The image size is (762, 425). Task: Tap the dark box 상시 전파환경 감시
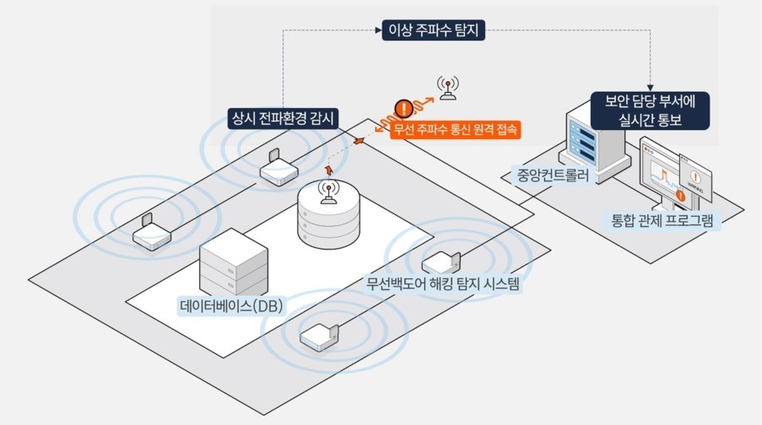(x=284, y=117)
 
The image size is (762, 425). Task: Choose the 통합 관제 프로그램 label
(x=662, y=223)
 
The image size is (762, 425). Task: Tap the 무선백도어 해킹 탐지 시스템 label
(x=443, y=284)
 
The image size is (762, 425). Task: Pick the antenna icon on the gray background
(x=447, y=87)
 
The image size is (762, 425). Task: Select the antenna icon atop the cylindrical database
(x=327, y=193)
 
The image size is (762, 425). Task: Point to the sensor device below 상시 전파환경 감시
(x=276, y=169)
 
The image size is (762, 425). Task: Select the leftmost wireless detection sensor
(x=148, y=234)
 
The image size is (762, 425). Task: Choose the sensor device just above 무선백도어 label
(x=441, y=261)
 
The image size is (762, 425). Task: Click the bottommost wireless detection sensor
(x=322, y=336)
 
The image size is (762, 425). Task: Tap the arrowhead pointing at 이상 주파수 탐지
(x=377, y=31)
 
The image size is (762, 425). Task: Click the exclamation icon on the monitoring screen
(x=680, y=196)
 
